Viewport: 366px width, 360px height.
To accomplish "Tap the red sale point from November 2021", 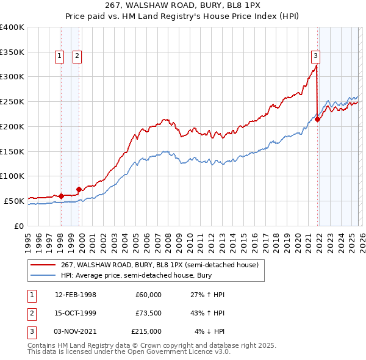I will (318, 119).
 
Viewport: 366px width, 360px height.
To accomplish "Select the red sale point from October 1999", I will (79, 189).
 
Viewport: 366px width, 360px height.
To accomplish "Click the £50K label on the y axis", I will (14, 201).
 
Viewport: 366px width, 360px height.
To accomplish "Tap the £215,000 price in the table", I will (146, 331).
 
